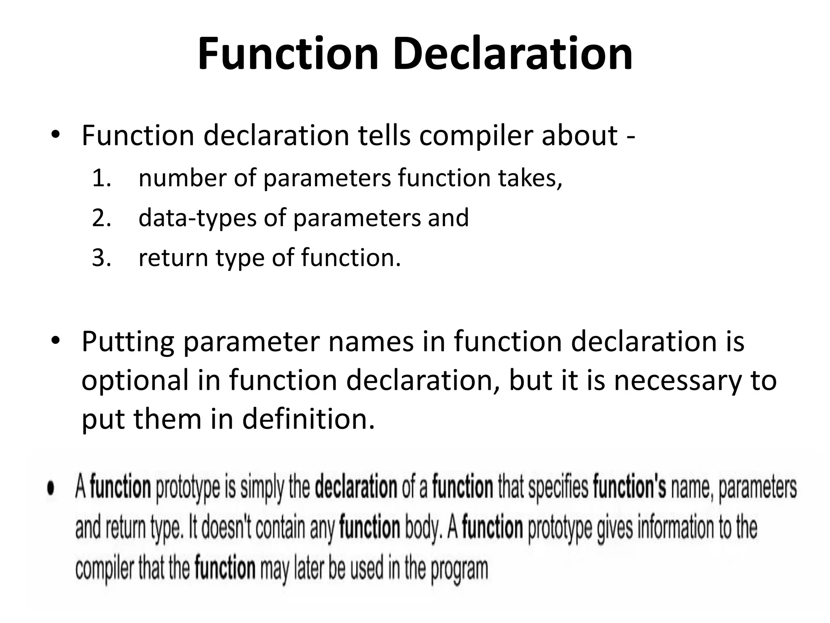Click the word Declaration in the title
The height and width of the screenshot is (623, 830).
pos(512,54)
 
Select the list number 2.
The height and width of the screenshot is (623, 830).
pos(101,218)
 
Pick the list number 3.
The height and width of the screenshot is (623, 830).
pos(101,258)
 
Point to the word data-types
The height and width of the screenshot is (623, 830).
pos(197,218)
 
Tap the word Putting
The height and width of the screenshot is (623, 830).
pos(128,342)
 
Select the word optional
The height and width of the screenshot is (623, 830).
pos(135,380)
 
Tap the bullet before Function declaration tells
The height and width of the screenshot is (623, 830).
pos(56,135)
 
